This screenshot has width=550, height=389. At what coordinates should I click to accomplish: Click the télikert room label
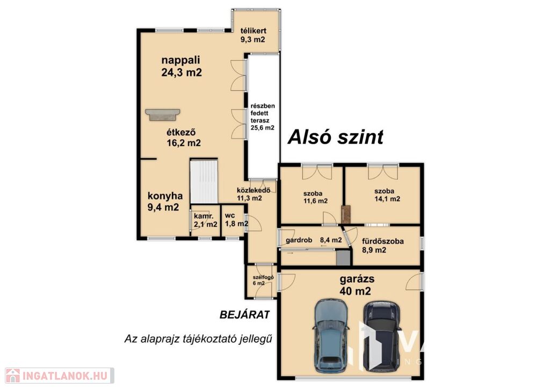[x=253, y=35]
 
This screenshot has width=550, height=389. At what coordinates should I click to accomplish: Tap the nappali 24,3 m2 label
[x=182, y=66]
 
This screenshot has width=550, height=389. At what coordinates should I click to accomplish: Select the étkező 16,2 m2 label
[x=184, y=138]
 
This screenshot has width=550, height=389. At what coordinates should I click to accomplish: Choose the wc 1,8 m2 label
[x=237, y=220]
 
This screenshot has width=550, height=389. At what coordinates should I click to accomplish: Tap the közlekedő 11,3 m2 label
[x=254, y=195]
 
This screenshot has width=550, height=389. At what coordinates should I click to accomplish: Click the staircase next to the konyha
[x=204, y=182]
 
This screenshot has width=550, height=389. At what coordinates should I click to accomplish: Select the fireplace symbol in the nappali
[x=162, y=114]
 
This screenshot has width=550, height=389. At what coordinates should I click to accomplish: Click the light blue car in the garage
[x=330, y=335]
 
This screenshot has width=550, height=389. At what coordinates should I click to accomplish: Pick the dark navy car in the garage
[x=381, y=336]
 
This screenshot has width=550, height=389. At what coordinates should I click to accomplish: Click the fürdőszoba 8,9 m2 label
[x=382, y=246]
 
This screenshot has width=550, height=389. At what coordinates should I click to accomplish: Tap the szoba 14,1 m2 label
[x=387, y=195]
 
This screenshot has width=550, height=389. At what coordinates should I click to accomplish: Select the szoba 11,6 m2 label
[x=315, y=197]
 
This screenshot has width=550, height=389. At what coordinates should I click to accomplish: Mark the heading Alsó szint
[x=336, y=137]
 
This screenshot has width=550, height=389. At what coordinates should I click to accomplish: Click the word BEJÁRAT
[x=245, y=315]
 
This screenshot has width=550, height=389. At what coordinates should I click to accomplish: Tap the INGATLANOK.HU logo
[x=60, y=376]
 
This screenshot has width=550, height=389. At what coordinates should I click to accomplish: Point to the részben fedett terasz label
[x=262, y=117]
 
